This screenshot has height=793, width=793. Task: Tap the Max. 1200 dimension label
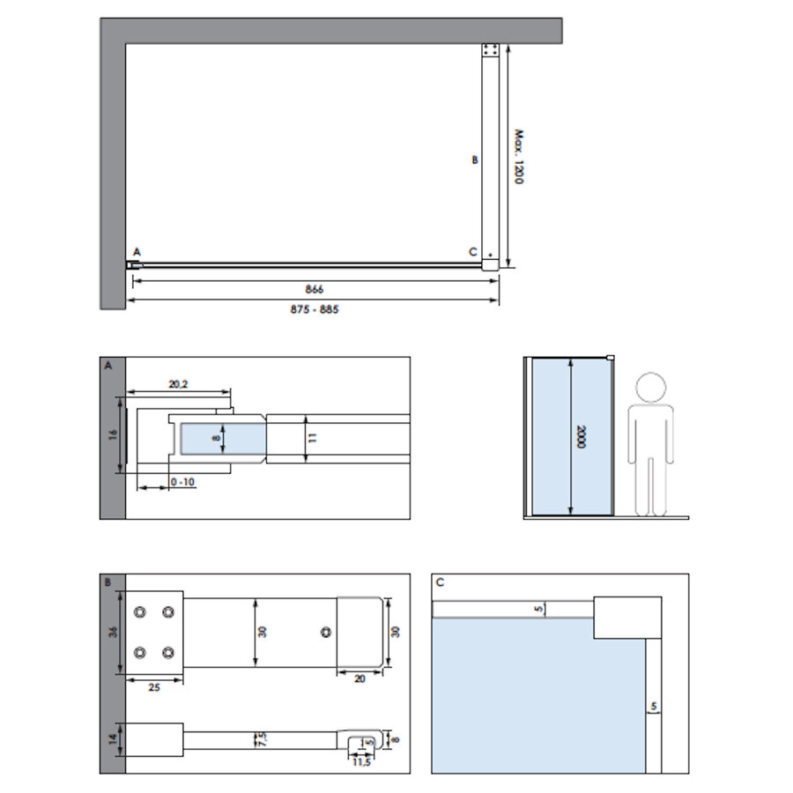pos(520,157)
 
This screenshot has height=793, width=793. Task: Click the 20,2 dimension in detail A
pos(179,383)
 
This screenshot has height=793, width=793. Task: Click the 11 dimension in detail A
pos(312,436)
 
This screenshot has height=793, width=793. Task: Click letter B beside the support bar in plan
pos(474,160)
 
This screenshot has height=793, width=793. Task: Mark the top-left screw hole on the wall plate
pos(139,611)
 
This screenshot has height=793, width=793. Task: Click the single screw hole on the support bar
pos(327,633)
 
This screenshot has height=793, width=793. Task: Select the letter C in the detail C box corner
pos(440,582)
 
